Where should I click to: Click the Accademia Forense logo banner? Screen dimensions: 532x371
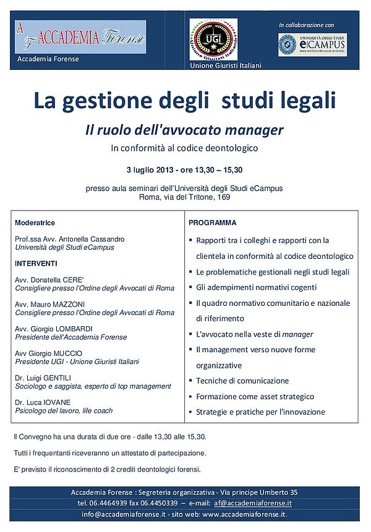[x=80, y=36]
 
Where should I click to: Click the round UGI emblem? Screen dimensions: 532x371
[x=213, y=39]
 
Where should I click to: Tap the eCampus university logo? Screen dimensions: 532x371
[x=312, y=44]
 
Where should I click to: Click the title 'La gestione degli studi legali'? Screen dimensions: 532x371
[x=184, y=100]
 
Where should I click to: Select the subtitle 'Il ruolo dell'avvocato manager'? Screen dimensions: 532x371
[x=184, y=130]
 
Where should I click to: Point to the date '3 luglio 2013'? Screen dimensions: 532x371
[x=147, y=170]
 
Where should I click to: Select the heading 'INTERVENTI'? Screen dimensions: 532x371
[x=36, y=263]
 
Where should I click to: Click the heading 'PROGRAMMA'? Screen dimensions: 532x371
[x=212, y=222]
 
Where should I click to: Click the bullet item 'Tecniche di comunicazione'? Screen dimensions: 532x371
[x=242, y=381]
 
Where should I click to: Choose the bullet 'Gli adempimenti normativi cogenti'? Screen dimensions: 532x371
[x=256, y=287]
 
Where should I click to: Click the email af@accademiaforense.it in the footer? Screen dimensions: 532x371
[x=251, y=503]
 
